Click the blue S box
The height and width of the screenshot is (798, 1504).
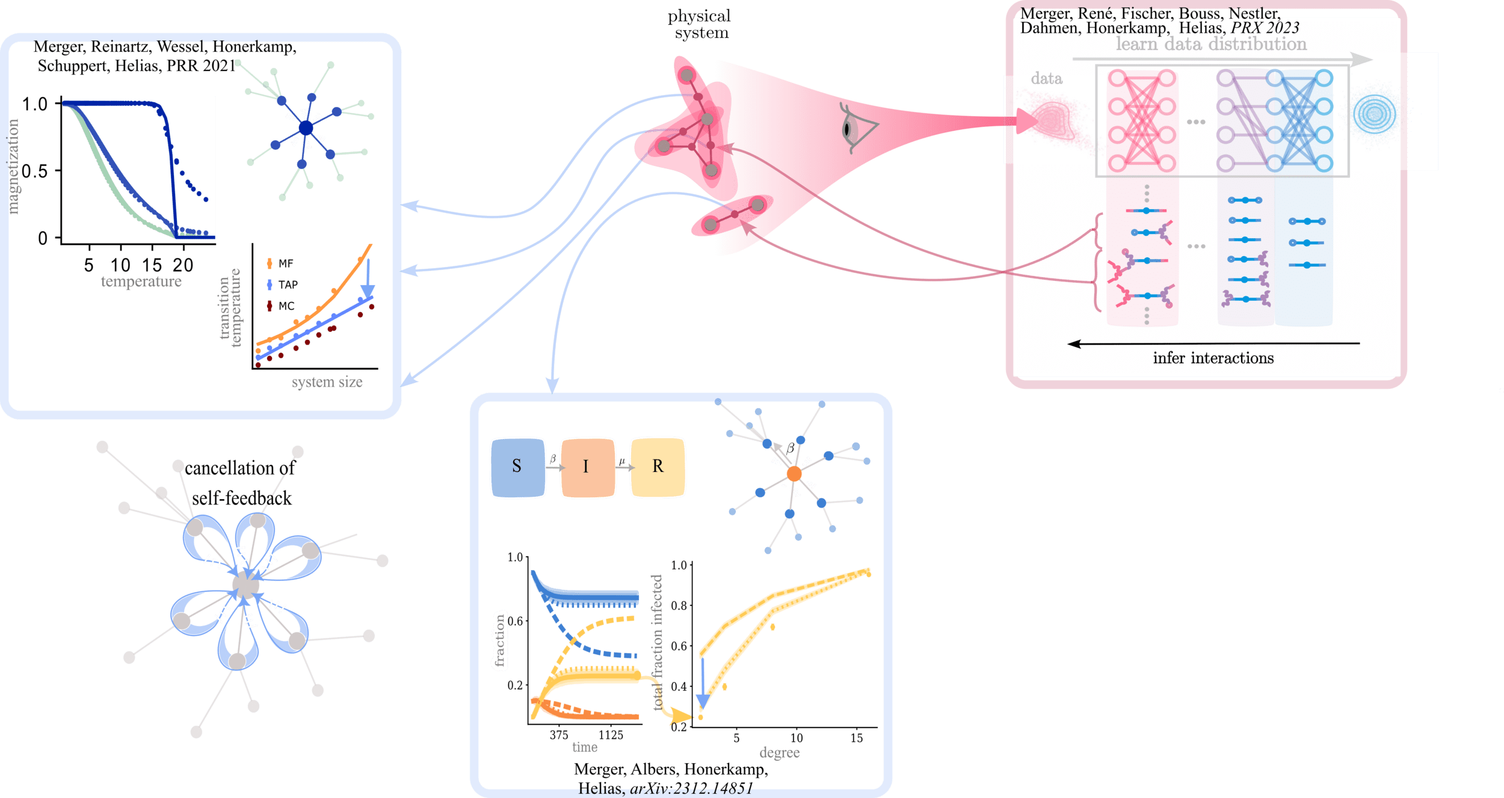coord(517,467)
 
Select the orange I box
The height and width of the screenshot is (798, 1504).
coord(587,467)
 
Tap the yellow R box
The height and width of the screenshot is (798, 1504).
coord(658,467)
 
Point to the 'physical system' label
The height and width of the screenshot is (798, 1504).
coord(699,24)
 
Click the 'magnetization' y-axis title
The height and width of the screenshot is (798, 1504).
coord(13,167)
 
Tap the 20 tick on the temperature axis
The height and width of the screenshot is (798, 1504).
coord(183,265)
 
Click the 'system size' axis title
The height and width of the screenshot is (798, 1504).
coord(327,382)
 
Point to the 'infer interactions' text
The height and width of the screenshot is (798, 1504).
coord(1213,358)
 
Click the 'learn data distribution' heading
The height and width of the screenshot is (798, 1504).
coord(1211,44)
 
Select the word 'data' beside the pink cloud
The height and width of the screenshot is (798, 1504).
coord(1047,78)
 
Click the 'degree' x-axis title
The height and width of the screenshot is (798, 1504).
coord(780,752)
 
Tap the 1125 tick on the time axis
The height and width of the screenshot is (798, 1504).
coord(611,735)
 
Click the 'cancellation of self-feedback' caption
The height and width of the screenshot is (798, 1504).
coord(241,483)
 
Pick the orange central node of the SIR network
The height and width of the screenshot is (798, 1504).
coord(794,474)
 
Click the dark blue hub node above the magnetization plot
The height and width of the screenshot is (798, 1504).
coord(306,128)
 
